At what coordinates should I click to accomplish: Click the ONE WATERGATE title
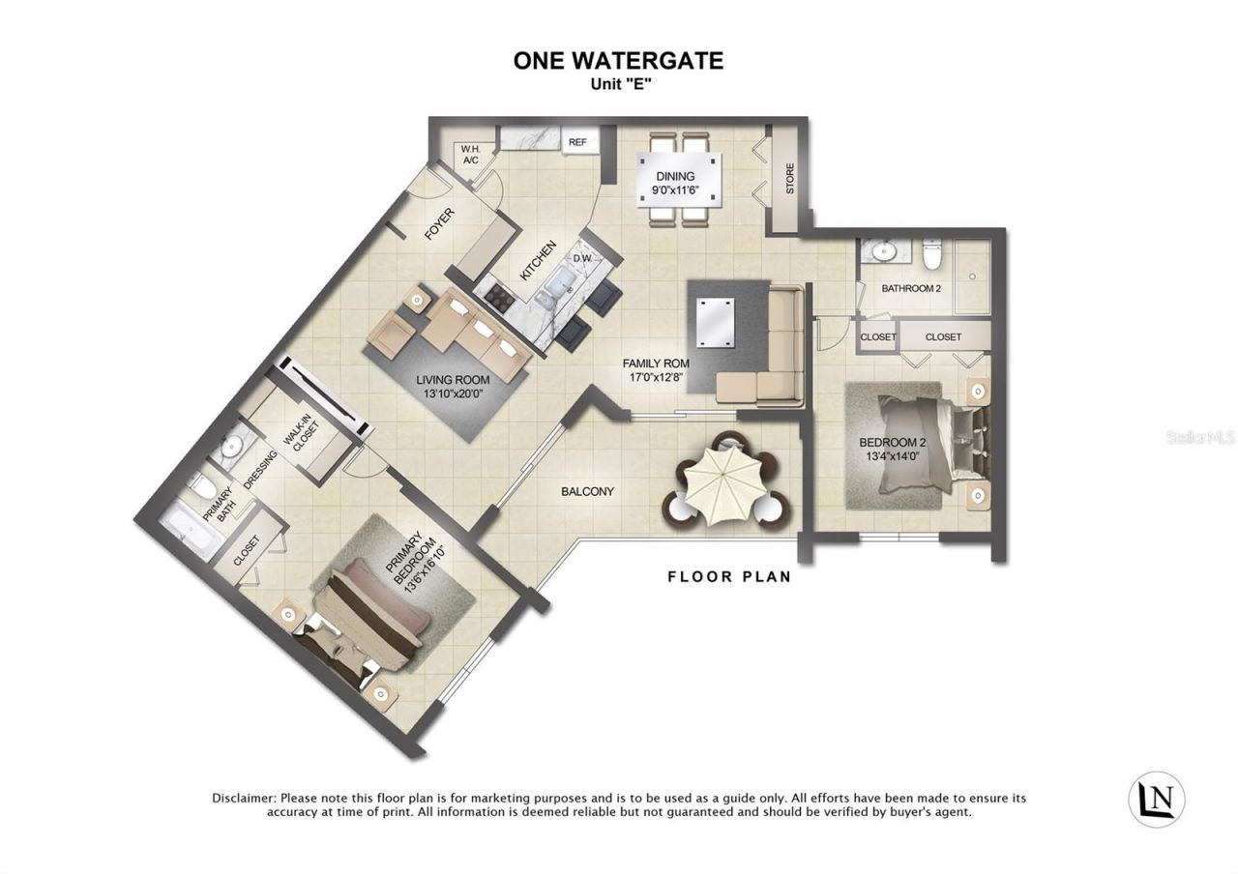(x=618, y=60)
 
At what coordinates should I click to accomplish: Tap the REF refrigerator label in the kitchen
(x=577, y=142)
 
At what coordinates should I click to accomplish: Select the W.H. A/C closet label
(x=470, y=154)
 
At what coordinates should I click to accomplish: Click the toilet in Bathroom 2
(x=932, y=254)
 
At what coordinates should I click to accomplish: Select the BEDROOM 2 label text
(x=892, y=443)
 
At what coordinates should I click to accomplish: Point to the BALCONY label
(x=587, y=491)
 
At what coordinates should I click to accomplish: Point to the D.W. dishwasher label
(x=582, y=258)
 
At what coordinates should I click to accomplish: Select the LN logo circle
(x=1157, y=798)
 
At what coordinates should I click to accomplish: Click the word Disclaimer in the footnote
(x=243, y=798)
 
